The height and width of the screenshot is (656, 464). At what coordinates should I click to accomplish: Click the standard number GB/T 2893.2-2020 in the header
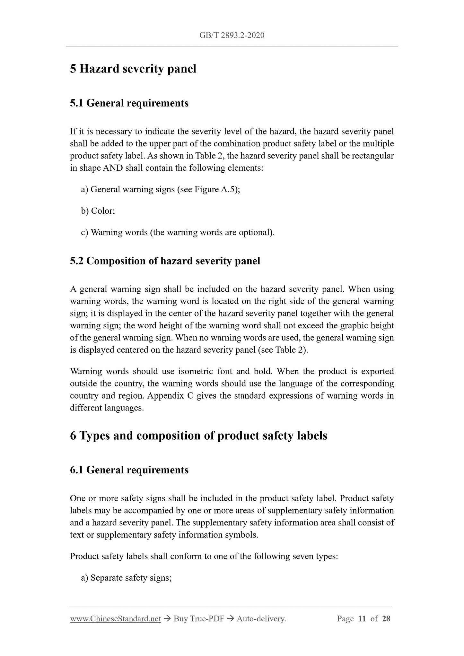(232, 35)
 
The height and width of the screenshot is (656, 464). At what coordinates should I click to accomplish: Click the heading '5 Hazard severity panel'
(133, 69)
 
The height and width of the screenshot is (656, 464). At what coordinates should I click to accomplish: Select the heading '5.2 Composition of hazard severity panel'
(165, 261)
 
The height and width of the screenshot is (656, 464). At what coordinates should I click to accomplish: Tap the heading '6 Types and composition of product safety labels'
(198, 436)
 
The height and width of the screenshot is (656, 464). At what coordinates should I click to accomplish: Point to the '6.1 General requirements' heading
(129, 470)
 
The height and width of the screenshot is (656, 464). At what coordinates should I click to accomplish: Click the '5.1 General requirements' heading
(129, 103)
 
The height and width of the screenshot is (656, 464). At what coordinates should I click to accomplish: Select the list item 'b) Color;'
(98, 211)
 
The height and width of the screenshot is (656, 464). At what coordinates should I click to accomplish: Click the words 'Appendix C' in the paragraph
(170, 396)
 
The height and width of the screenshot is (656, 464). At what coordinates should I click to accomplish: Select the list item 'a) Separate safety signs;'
(126, 578)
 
